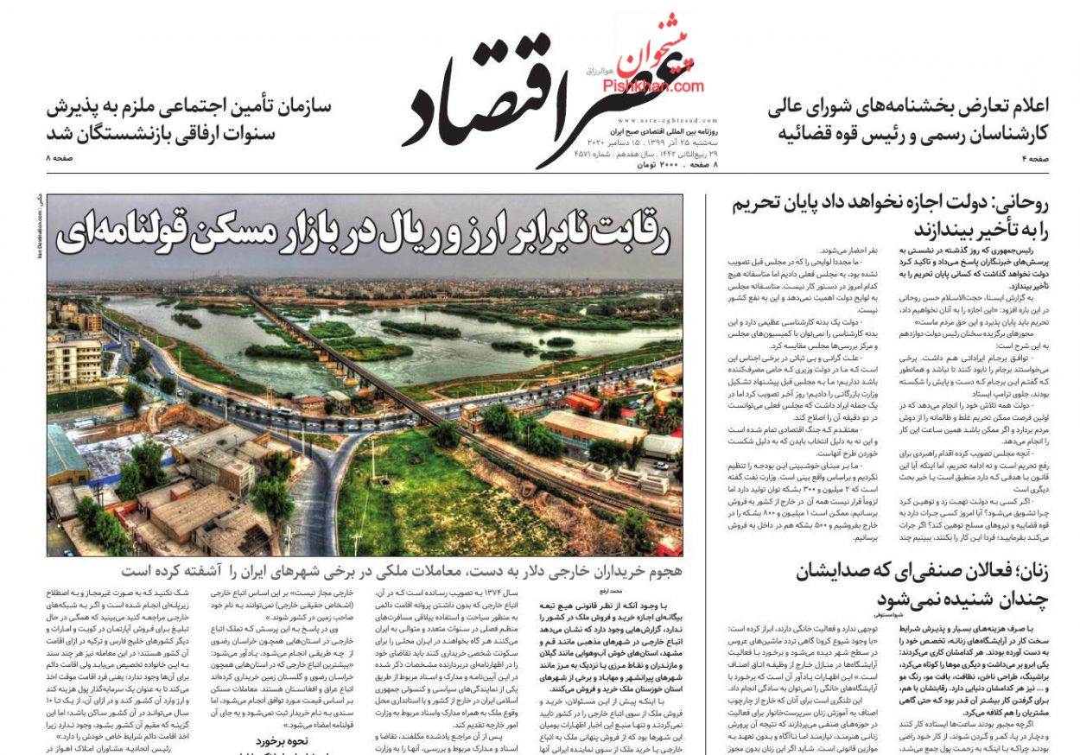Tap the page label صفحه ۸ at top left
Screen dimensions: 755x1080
[60, 159]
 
